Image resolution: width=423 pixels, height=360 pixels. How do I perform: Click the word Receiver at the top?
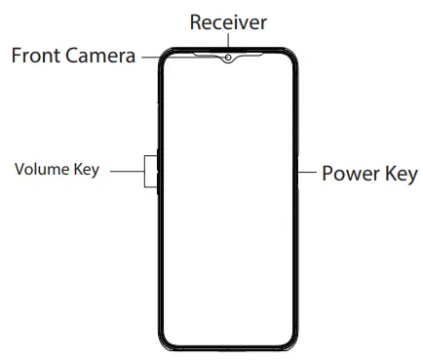coord(228,20)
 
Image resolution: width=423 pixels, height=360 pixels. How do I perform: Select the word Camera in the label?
coord(104,57)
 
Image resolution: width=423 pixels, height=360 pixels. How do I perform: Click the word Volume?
coord(42,170)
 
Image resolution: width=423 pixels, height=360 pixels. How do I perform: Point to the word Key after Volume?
coord(88,170)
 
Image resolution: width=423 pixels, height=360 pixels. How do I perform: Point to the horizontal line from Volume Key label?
coord(125,171)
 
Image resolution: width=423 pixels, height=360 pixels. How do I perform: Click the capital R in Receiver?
coord(196,20)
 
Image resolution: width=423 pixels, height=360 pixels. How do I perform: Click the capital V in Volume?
coord(19,170)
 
